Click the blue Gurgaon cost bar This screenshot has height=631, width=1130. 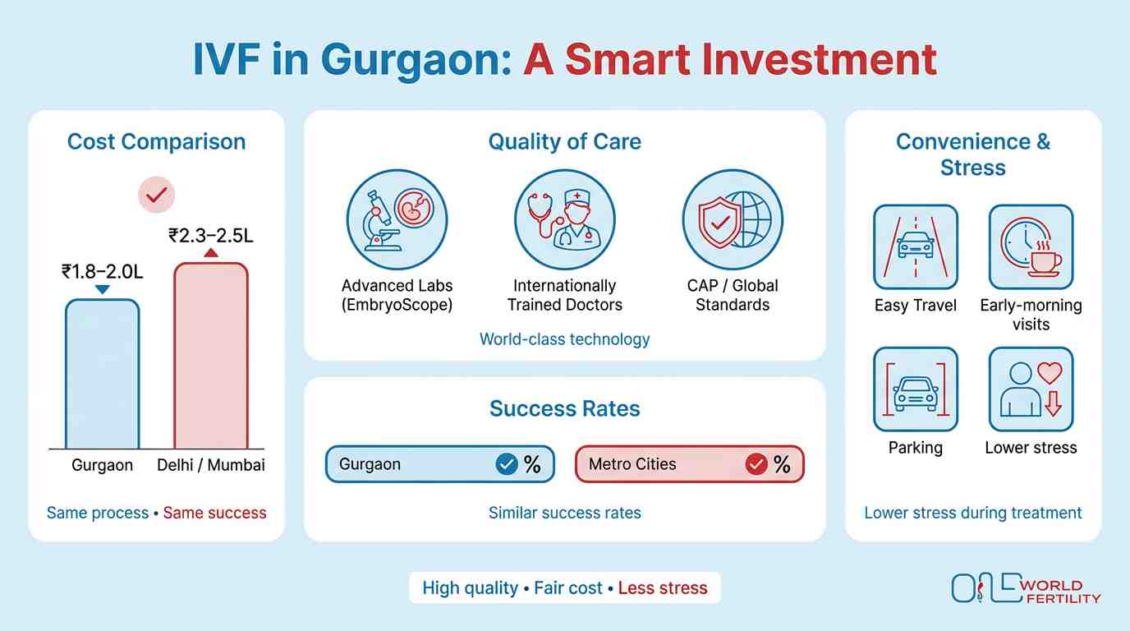102,374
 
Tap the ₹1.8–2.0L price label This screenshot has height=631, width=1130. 102,270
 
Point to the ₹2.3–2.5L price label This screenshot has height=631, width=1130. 210,236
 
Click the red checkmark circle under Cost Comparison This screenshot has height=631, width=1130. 156,195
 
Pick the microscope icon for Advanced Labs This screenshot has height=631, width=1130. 397,220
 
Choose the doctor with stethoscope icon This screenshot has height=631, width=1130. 565,220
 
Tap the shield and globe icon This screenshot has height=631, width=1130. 733,220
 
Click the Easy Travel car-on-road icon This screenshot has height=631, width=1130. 915,246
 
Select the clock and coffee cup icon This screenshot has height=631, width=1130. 1031,246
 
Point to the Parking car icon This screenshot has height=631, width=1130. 915,389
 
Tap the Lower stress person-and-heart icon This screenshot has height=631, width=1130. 1031,389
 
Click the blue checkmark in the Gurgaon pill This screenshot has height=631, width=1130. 507,464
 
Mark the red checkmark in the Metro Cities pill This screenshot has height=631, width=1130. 756,464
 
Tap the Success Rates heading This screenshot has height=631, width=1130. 565,408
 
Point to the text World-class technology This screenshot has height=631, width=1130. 565,339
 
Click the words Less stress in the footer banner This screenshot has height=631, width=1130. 662,588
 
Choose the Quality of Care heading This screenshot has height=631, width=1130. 565,141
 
